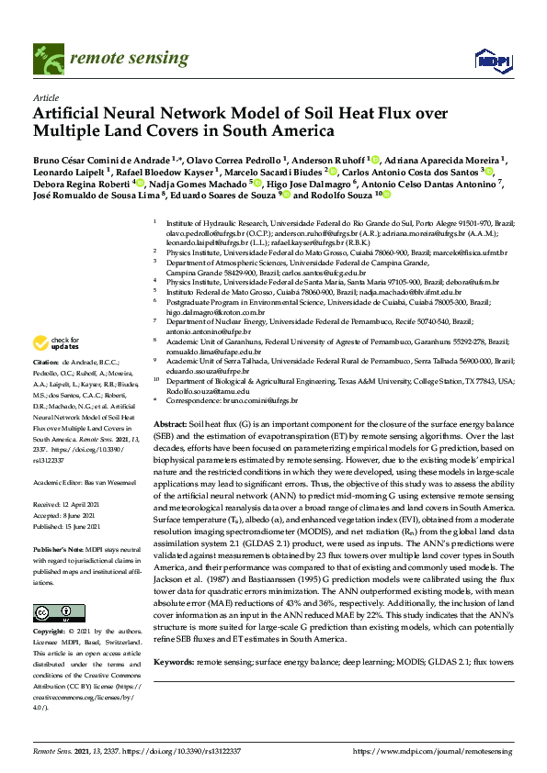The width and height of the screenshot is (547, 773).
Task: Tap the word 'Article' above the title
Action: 46,97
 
